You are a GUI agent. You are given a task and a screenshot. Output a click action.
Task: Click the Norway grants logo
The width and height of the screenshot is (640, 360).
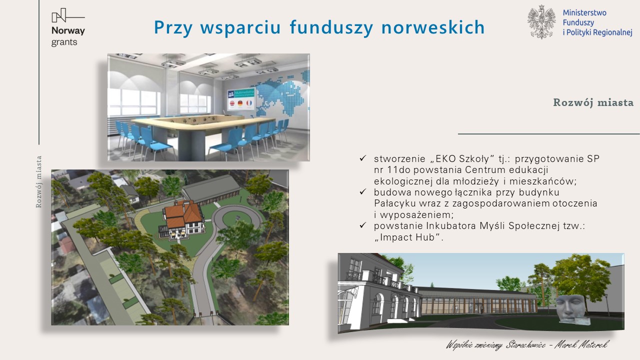tap(68, 27)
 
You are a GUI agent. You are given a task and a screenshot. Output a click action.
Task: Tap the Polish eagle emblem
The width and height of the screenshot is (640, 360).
tap(541, 22)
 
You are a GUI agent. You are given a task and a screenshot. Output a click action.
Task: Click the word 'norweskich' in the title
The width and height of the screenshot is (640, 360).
tap(433, 27)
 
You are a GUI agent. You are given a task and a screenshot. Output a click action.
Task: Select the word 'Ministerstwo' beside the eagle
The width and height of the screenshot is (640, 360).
tap(584, 13)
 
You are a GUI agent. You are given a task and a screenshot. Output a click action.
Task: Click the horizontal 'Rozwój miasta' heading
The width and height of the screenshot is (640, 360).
tap(593, 102)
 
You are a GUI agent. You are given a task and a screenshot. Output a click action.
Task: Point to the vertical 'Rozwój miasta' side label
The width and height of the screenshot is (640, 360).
tap(39, 181)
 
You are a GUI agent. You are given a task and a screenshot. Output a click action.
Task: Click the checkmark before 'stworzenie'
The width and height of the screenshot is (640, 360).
tap(363, 158)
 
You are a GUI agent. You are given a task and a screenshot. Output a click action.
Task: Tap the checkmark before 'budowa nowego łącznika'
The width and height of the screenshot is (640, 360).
tap(363, 191)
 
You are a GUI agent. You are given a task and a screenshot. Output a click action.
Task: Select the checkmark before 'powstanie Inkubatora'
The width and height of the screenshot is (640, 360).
tap(363, 225)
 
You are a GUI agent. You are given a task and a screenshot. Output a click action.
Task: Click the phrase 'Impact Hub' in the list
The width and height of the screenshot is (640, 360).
tap(408, 237)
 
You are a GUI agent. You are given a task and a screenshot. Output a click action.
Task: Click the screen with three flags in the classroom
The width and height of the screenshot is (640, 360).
tap(241, 99)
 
